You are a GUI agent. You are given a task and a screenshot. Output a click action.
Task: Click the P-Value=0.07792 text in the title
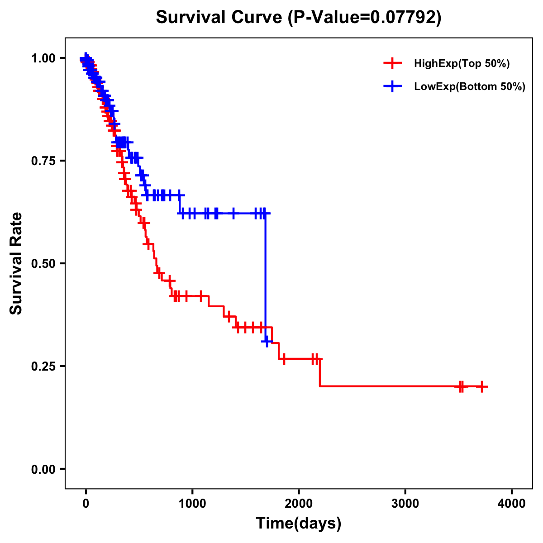[x=365, y=18]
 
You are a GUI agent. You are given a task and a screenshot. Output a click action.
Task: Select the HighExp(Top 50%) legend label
[x=462, y=64]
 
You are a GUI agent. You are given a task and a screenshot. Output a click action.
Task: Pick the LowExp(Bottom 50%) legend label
[x=469, y=87]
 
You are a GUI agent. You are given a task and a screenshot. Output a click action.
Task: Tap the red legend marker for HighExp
[x=392, y=63]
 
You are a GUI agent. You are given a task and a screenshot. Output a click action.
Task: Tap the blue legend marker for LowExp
[x=392, y=86]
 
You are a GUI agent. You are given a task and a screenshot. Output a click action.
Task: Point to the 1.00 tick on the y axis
[x=44, y=58]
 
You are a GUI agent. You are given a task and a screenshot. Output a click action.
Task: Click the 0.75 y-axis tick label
[x=44, y=161]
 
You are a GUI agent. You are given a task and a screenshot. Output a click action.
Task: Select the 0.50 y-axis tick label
[x=44, y=263]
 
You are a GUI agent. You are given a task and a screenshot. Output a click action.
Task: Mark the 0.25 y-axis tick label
[x=44, y=366]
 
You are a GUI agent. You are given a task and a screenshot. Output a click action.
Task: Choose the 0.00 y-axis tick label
[x=44, y=469]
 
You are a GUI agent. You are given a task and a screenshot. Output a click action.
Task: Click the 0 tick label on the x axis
[x=86, y=504]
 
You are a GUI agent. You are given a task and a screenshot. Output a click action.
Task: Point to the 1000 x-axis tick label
[x=192, y=504]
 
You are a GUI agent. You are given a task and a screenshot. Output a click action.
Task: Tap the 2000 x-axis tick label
[x=299, y=504]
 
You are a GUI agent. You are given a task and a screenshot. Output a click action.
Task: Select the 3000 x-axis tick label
[x=405, y=504]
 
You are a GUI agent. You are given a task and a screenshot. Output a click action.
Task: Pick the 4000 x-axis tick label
[x=512, y=504]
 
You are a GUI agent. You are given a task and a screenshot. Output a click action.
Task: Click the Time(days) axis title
[x=299, y=524]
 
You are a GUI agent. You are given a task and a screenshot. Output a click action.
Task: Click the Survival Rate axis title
[x=17, y=263]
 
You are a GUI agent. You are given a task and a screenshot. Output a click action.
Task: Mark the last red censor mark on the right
[x=482, y=386]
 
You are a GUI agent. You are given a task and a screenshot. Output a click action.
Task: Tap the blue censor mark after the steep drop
[x=267, y=341]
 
